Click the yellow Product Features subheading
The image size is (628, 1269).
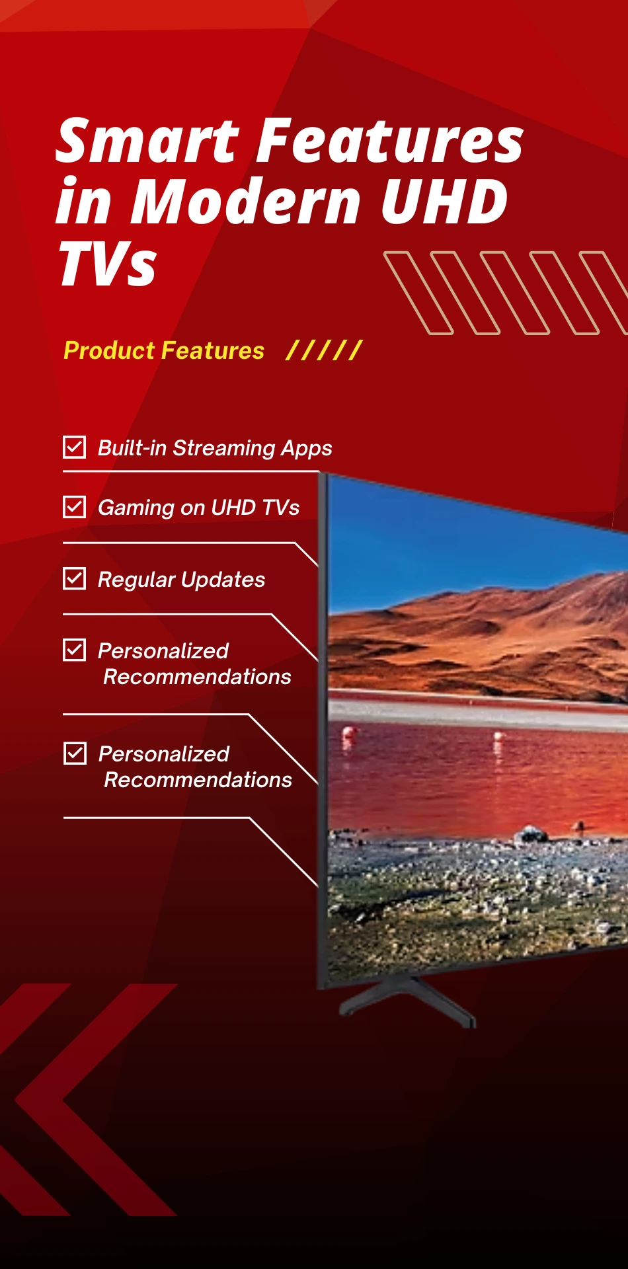(163, 350)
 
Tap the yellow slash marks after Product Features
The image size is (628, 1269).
(323, 350)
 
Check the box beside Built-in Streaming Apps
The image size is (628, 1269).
(74, 447)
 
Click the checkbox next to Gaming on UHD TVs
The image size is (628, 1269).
(74, 507)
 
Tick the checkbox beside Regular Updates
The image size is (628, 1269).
(74, 579)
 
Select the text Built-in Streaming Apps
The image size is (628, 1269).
(215, 448)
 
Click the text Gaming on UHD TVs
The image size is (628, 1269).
(198, 508)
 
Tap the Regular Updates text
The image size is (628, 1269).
(181, 580)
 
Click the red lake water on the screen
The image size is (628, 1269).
(463, 767)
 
